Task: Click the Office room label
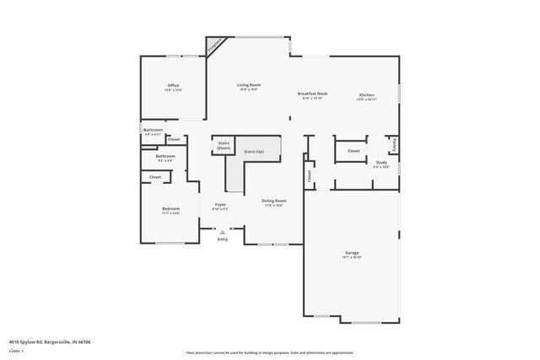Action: coord(173,85)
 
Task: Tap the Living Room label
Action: coord(248,85)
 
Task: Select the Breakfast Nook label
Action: coord(312,94)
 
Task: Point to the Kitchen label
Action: coord(367,94)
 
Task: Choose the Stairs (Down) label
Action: coord(224,145)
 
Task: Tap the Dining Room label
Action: coord(274,201)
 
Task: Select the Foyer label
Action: coord(220,204)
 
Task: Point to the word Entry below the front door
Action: coord(223,239)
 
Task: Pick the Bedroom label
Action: coord(171,208)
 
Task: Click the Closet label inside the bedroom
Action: coord(155,177)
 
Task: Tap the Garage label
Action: coord(352,253)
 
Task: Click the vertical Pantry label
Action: coord(393,145)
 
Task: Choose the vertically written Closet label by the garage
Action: coord(309,176)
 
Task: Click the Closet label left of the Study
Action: coord(354,151)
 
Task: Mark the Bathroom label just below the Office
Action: coord(154,130)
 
